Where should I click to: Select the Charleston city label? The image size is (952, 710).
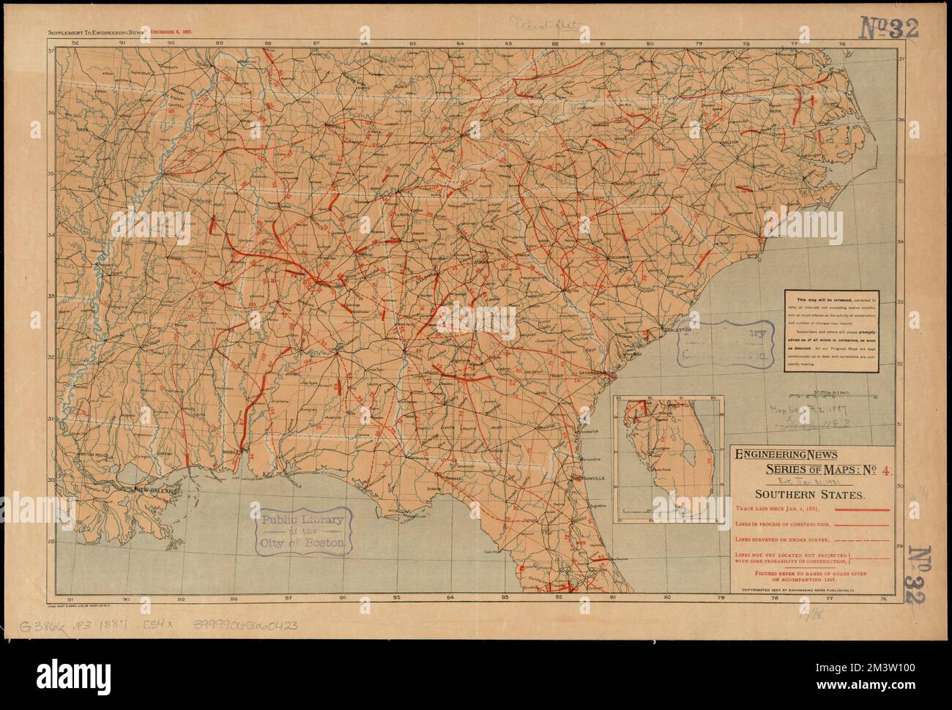click(x=675, y=331)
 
